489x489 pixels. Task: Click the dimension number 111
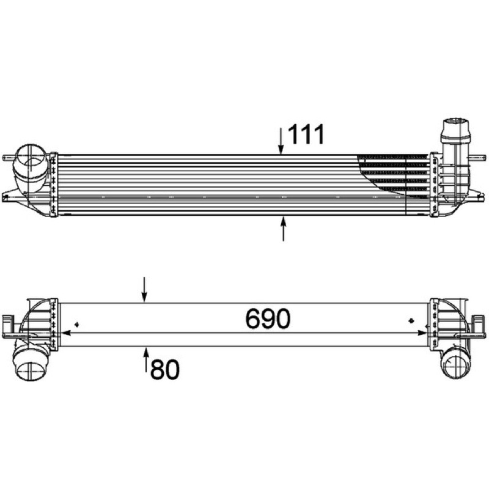(306, 134)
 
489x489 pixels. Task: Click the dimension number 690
(268, 318)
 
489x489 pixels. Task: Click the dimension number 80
(165, 369)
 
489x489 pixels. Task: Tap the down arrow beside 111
(281, 141)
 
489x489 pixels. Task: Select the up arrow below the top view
(283, 229)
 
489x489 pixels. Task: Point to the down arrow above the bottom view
(144, 289)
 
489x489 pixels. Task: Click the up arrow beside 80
(145, 359)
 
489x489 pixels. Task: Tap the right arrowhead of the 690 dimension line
(422, 333)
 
